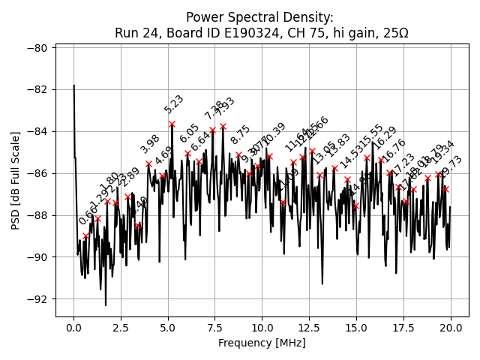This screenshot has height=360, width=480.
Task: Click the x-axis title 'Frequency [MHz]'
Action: click(261, 343)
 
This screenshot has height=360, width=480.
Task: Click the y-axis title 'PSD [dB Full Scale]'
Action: click(15, 180)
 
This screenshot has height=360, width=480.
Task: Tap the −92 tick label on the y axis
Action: click(37, 299)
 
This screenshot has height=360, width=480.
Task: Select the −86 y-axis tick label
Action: click(37, 173)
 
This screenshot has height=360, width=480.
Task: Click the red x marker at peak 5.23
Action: click(172, 124)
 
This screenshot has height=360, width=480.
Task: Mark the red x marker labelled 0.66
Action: click(86, 235)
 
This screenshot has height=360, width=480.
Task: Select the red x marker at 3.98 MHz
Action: click(148, 163)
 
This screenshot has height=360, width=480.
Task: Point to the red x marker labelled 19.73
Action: click(445, 189)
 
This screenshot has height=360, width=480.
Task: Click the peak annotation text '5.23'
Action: click(174, 104)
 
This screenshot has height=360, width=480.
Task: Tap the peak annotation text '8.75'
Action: click(241, 135)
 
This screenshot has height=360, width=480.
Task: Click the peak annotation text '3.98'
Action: click(150, 144)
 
